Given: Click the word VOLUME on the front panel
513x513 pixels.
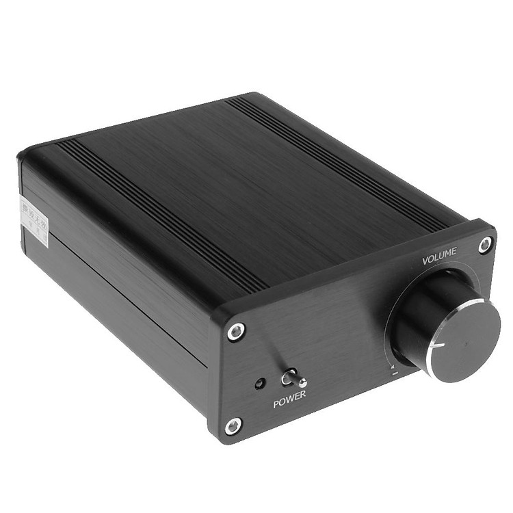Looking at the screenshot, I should coord(439,259).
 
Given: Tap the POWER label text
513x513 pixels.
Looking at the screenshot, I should coord(289,402).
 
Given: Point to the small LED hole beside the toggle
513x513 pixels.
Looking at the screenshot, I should coord(261,383).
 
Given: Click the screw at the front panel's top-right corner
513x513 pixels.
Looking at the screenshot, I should coord(485,244).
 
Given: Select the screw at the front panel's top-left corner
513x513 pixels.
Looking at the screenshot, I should coord(237,331).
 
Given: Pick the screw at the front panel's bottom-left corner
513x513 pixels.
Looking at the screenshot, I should coord(233,425).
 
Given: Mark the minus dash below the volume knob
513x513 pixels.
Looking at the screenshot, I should coord(395,374).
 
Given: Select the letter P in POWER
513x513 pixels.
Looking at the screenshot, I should coord(276,404).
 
